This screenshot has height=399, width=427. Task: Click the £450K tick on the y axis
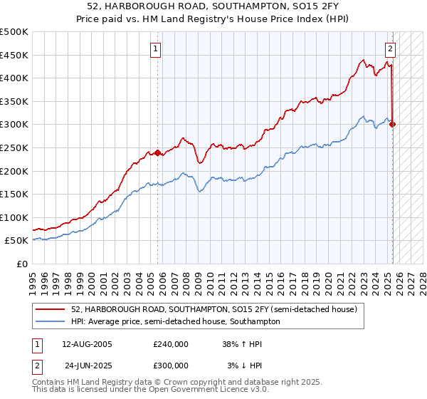coord(15,55)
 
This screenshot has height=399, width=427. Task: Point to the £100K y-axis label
coord(15,217)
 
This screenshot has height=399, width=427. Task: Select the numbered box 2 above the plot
coord(391,49)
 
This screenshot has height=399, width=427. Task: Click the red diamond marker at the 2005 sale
coord(157,152)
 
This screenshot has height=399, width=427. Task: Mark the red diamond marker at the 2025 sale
coord(393,125)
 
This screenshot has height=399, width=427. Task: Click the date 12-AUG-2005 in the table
coord(88,344)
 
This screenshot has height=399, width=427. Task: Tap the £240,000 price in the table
coord(170,344)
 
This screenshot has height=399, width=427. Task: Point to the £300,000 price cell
coord(170,366)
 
